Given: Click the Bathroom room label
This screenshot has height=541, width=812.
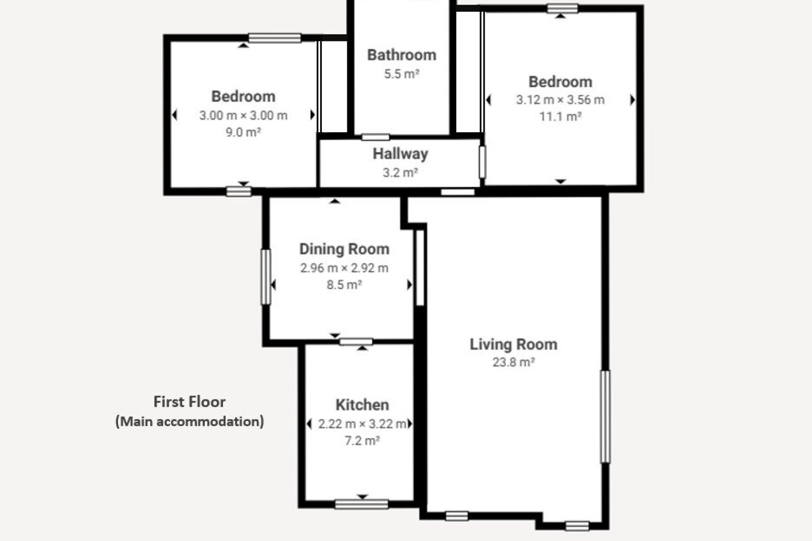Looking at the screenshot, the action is point(401,55).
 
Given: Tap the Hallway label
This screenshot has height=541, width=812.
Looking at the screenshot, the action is point(400,154).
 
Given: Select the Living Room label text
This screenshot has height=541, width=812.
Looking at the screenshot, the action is point(513,344).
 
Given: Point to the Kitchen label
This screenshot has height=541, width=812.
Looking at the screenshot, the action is point(362,405).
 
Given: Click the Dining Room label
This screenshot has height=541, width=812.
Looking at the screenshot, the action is point(344,249).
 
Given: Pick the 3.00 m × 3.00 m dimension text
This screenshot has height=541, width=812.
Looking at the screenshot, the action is point(243,115).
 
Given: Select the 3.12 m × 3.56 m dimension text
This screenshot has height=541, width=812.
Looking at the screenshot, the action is point(560,100).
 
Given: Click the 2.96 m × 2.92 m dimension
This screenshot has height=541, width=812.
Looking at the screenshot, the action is point(344,268).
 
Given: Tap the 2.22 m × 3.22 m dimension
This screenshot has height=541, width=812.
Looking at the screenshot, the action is point(362,424).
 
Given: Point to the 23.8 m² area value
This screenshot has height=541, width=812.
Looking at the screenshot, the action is point(513,362).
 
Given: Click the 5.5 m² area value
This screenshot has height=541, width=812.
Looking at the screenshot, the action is point(401,74).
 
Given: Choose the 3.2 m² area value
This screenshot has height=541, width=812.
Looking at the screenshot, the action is point(400,172).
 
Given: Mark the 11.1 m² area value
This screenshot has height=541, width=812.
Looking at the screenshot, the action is point(560,116).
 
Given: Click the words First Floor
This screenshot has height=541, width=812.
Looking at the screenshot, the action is point(189,402).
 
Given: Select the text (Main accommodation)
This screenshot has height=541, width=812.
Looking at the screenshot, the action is point(189,421).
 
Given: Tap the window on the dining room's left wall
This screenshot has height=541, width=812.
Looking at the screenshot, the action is point(266,277).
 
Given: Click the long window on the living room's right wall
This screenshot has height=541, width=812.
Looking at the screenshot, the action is point(606,417).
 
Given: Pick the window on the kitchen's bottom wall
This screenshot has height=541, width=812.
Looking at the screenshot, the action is point(362,504).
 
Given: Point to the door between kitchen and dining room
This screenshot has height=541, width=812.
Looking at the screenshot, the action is point(356,342).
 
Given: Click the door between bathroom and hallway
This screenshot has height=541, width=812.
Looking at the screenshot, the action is point(376,137).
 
